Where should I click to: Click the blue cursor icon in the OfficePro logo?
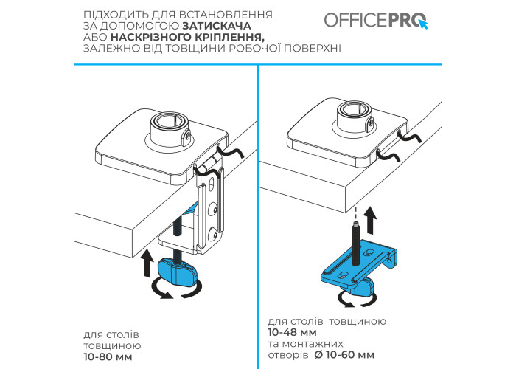(x=423, y=24)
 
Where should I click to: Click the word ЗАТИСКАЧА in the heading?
(x=217, y=26)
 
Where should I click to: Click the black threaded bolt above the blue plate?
(x=356, y=244)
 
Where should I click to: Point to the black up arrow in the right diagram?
(x=372, y=220)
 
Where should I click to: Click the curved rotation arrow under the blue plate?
(x=357, y=300)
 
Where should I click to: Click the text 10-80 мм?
(x=108, y=356)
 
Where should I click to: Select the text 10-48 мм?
(x=292, y=332)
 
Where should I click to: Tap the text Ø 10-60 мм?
(x=344, y=355)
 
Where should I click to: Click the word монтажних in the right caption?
(x=313, y=344)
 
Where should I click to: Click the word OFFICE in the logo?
(x=356, y=20)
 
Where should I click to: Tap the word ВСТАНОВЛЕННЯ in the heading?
(x=226, y=15)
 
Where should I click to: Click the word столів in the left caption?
(x=123, y=334)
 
